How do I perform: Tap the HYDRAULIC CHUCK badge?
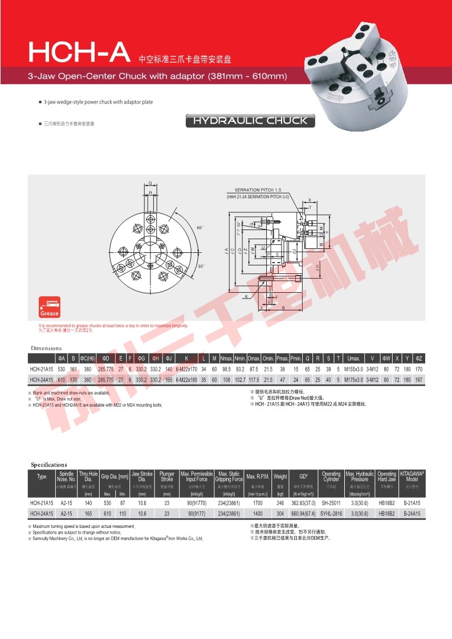(250, 121)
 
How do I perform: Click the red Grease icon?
(49, 307)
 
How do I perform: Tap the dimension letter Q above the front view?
(150, 183)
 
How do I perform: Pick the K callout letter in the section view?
(245, 297)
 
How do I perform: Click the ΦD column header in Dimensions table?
(105, 358)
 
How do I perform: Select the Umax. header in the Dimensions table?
(353, 358)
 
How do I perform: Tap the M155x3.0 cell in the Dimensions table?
(353, 369)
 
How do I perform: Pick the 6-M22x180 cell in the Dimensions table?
(186, 379)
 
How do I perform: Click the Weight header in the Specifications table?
(280, 476)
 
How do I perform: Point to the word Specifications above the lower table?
(49, 465)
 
